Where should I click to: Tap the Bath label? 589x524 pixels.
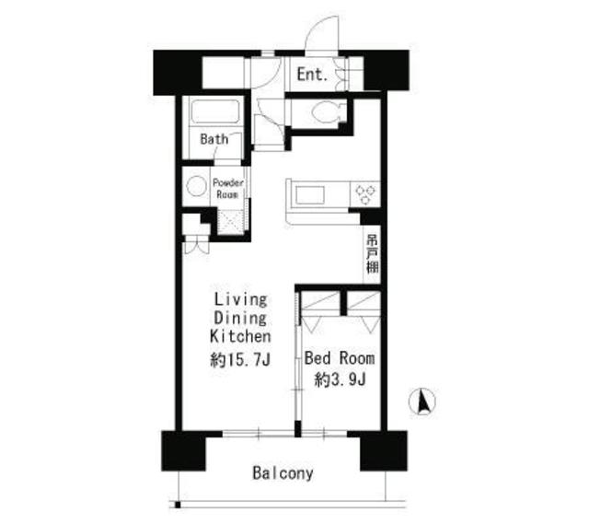[x=214, y=140]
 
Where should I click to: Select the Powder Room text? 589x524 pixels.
[x=227, y=188]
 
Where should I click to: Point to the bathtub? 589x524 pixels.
[x=215, y=113]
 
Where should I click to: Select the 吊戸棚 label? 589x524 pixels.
[x=372, y=253]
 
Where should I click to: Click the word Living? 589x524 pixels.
[x=241, y=300]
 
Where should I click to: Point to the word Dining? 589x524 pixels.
[x=241, y=319]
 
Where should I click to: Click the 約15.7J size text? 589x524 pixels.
[x=240, y=359]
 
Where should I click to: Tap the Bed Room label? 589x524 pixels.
[x=339, y=358]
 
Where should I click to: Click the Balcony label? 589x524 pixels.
[x=283, y=474]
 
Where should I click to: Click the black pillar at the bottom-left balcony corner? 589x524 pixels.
[x=184, y=451]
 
